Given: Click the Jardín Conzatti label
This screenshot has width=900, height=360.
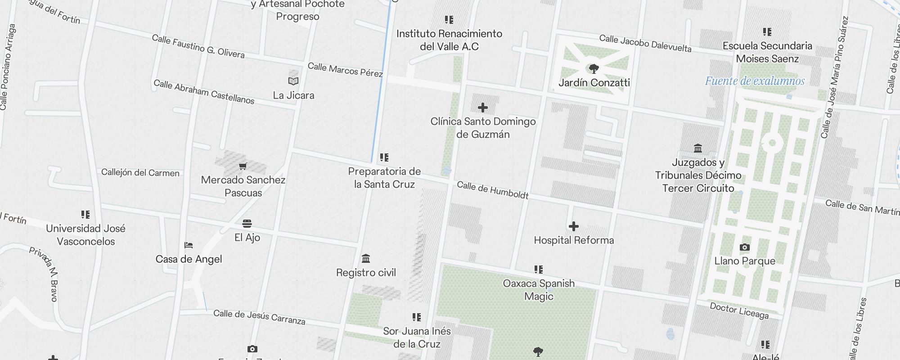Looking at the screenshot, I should click(594, 83).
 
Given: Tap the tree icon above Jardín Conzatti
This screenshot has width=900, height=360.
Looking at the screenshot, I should click(594, 69).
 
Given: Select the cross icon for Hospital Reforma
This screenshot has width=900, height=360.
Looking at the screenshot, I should click(574, 226).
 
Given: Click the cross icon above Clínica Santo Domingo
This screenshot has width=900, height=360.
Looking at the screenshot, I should click(483, 108).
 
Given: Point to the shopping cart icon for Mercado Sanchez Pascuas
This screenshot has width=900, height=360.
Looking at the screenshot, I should click(243, 166).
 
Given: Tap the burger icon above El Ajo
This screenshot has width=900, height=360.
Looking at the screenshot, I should click(247, 224).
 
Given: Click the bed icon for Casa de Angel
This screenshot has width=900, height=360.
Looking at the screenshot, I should click(189, 245).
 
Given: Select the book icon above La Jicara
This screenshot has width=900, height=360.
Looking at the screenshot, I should click(293, 81).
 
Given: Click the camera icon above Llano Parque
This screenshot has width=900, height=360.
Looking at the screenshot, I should click(745, 247).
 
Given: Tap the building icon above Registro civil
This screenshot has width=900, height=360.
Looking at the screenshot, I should click(366, 259).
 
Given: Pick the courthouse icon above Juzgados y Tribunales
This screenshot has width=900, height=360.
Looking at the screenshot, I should click(698, 148).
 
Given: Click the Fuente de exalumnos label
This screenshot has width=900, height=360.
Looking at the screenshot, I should click(755, 81).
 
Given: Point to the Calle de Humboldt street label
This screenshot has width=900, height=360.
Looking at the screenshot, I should click(493, 190).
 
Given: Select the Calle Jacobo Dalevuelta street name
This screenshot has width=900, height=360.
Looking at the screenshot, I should click(645, 43).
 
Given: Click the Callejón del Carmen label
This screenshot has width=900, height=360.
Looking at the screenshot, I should click(140, 173).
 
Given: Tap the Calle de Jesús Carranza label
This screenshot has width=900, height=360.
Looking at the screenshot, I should click(259, 317).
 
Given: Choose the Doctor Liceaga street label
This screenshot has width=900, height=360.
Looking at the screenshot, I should click(739, 310).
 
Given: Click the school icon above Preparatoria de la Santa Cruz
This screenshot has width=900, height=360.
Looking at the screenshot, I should click(384, 157).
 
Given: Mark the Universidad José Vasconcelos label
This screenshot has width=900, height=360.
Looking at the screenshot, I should click(85, 235).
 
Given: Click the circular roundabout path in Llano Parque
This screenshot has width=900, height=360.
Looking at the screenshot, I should click(772, 143).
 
